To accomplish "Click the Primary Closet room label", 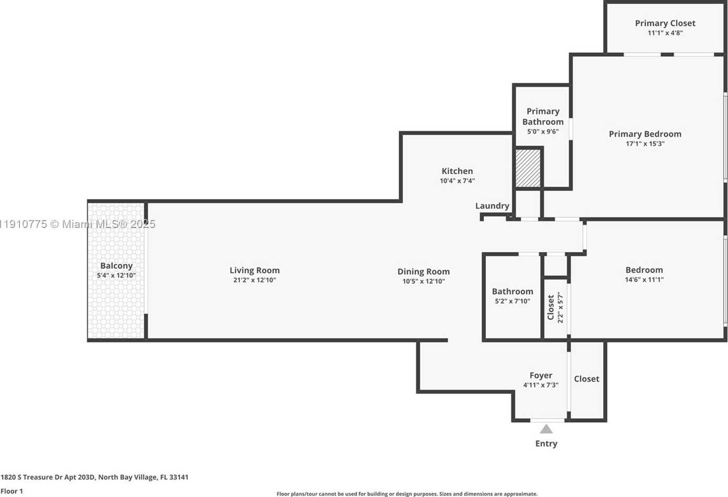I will pyautogui.click(x=665, y=23).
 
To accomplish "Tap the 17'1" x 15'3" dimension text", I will pyautogui.click(x=645, y=144).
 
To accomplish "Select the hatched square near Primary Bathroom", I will pyautogui.click(x=528, y=168).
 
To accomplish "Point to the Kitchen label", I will pyautogui.click(x=457, y=171).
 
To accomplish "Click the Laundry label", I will pyautogui.click(x=492, y=206).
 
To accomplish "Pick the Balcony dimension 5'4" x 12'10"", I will pyautogui.click(x=116, y=275).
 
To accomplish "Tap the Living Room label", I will pyautogui.click(x=255, y=270).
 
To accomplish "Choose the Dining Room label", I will pyautogui.click(x=423, y=272).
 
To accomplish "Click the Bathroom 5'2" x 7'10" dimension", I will pyautogui.click(x=512, y=301).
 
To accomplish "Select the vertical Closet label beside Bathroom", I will pyautogui.click(x=550, y=307).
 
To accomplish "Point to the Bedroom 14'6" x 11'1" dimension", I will pyautogui.click(x=644, y=280).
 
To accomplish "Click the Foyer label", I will pyautogui.click(x=541, y=375).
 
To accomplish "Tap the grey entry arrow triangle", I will pyautogui.click(x=546, y=429).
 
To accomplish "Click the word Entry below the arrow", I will pyautogui.click(x=546, y=443).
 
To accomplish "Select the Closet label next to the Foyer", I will pyautogui.click(x=587, y=379).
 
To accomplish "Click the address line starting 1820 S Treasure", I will pyautogui.click(x=94, y=477).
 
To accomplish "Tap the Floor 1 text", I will pyautogui.click(x=12, y=491).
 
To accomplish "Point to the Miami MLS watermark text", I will pyautogui.click(x=77, y=224).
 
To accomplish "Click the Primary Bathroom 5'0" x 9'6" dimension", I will pyautogui.click(x=543, y=132).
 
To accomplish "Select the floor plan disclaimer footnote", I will pyautogui.click(x=407, y=494).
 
